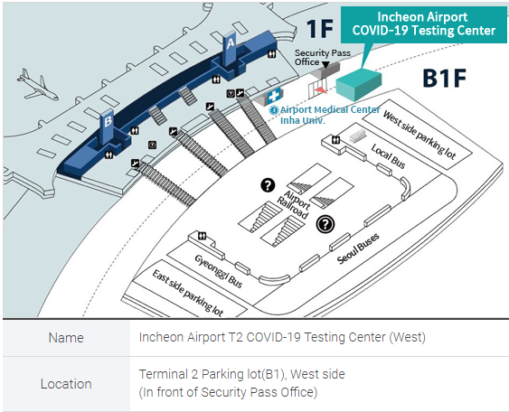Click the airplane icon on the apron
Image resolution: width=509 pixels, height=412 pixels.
37,85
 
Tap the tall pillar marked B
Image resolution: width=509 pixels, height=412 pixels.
108,126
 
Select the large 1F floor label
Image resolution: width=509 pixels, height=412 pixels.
320,29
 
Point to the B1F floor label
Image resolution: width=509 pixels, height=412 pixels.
444,78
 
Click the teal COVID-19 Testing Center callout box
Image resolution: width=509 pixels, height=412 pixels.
424,24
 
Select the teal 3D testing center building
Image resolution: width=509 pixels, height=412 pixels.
358,84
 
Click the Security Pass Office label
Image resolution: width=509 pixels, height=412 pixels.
323,57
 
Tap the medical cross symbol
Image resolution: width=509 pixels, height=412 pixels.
274,96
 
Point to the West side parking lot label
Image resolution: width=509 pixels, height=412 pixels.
419,135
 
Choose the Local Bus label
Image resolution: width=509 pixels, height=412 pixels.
388,156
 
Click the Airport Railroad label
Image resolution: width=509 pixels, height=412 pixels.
294,205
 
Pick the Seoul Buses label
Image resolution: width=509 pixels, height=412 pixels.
358,248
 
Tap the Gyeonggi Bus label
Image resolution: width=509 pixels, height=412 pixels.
219,271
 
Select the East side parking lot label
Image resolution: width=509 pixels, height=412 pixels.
188,293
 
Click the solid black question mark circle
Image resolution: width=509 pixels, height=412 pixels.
268,185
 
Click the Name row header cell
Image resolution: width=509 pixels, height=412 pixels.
66,338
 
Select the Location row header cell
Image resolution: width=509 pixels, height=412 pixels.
66,384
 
